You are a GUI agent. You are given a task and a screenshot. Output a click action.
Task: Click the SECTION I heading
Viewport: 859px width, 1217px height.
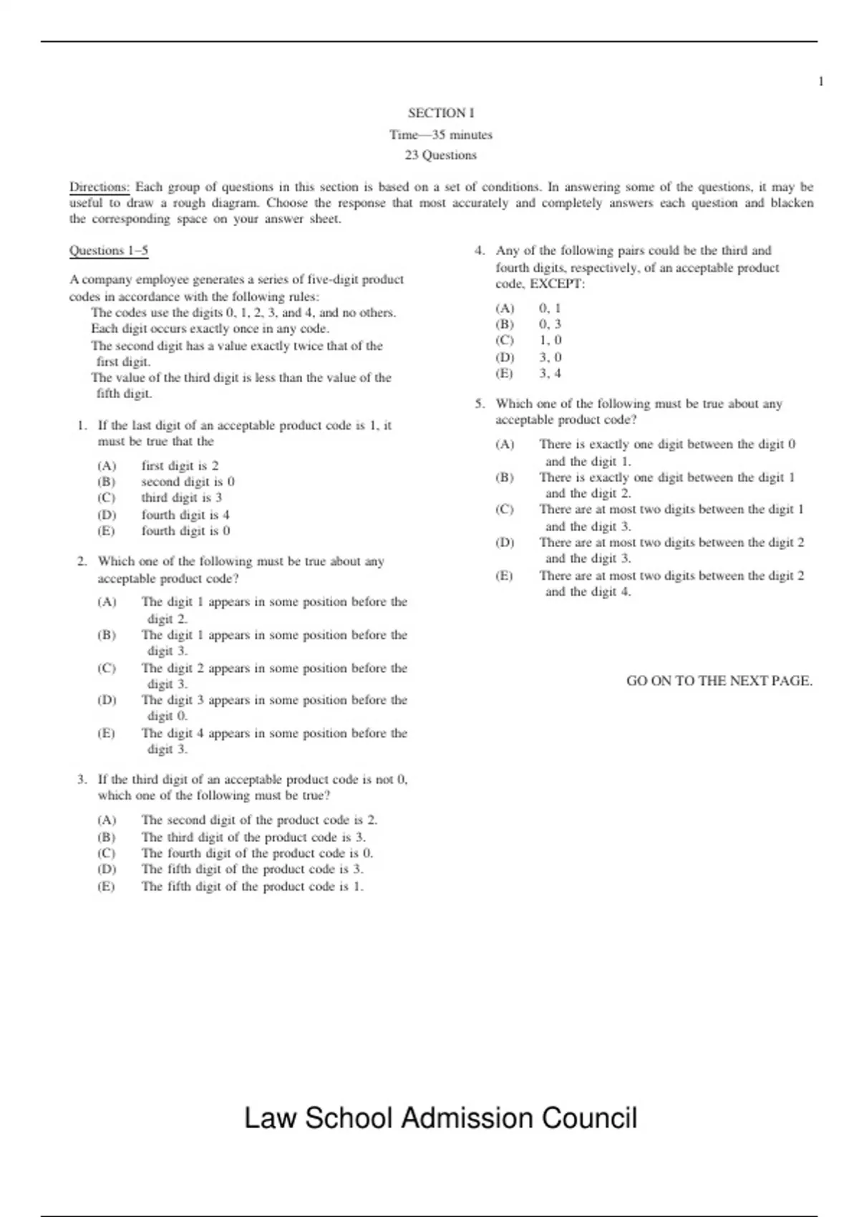tap(441, 113)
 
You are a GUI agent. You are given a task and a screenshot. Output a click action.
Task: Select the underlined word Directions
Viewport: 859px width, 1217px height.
tap(99, 188)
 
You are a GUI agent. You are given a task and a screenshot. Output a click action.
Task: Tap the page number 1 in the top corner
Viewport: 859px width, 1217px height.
tap(821, 82)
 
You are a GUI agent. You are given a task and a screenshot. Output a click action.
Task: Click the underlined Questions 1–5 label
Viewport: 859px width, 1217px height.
tap(109, 251)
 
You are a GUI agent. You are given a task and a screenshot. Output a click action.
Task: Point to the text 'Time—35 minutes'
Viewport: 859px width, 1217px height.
tap(441, 135)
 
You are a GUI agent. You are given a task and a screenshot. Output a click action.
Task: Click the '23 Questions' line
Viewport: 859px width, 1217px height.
tap(441, 155)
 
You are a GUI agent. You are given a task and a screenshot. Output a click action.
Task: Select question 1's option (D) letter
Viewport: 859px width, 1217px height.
tap(107, 515)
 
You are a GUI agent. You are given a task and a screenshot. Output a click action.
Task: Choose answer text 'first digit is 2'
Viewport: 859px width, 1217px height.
tap(180, 466)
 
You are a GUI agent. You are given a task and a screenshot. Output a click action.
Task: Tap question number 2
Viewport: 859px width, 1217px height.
tap(82, 562)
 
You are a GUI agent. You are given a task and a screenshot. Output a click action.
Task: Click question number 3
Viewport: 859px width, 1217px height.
tap(82, 780)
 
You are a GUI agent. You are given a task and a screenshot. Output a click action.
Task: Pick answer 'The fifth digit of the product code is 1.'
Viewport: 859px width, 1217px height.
tap(253, 886)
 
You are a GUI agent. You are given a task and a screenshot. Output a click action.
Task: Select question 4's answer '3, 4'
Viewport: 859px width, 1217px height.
tap(550, 374)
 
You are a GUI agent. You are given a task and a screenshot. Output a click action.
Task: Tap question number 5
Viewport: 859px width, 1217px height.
tap(480, 404)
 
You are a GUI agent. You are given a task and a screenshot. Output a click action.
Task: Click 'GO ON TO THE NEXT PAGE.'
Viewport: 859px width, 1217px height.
tap(719, 681)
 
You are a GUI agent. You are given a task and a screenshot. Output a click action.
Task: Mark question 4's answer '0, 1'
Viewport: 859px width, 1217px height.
tap(550, 309)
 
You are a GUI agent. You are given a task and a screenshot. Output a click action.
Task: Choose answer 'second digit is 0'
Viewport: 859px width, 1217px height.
tap(188, 482)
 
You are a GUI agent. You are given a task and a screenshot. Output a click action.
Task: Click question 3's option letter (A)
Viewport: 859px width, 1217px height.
tap(107, 820)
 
